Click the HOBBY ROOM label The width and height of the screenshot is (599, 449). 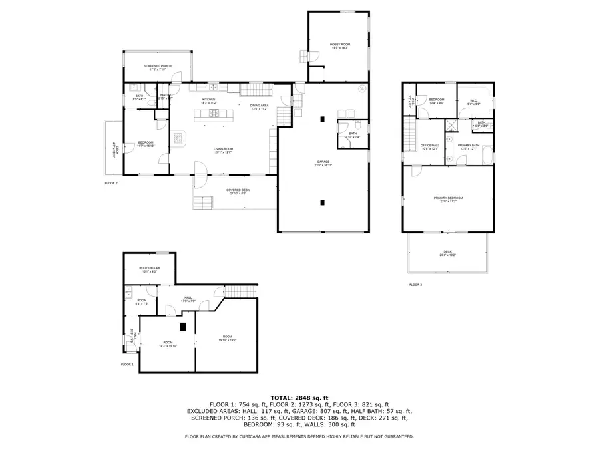point(340,45)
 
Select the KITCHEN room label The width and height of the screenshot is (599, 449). point(209,100)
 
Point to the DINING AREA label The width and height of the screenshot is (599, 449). point(260,106)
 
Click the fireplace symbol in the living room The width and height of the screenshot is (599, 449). point(179,138)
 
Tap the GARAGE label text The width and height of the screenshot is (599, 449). point(323,162)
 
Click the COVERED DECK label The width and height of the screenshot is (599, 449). point(238,191)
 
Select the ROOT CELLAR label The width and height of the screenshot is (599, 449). point(148,269)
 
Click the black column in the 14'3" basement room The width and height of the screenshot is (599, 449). point(183,327)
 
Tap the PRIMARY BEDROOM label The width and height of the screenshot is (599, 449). point(448,198)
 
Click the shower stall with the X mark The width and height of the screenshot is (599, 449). point(450,123)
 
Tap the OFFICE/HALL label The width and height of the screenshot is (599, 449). point(429,146)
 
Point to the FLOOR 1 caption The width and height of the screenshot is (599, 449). point(127,365)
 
